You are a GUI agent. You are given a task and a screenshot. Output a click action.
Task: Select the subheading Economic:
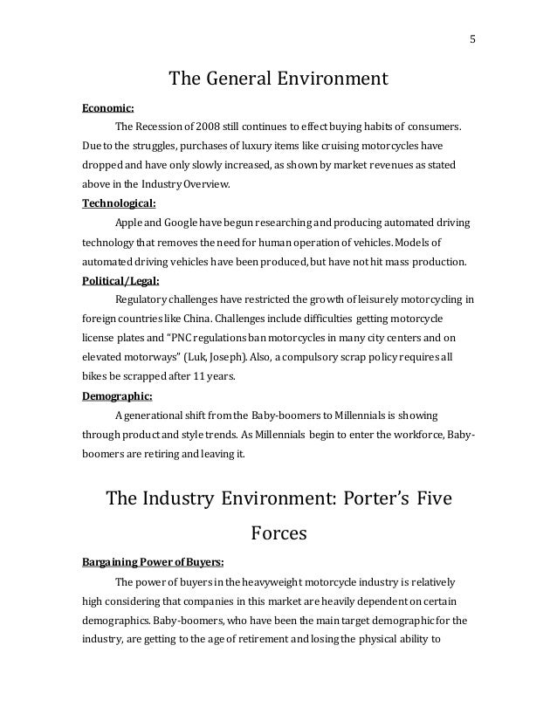tap(107, 111)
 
